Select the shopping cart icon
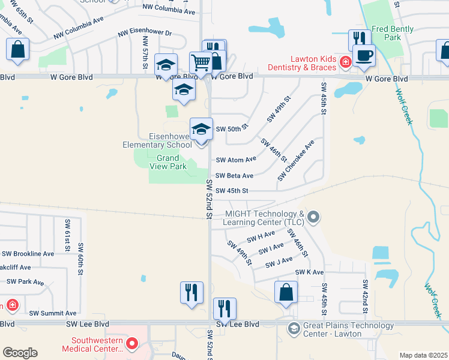200,62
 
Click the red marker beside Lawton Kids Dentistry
345,62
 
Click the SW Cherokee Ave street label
296,161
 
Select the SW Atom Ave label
236,160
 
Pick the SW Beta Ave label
234,175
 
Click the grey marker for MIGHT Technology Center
312,216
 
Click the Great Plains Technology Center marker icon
294,328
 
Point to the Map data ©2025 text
423,355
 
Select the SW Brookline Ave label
28,254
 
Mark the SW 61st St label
67,236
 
